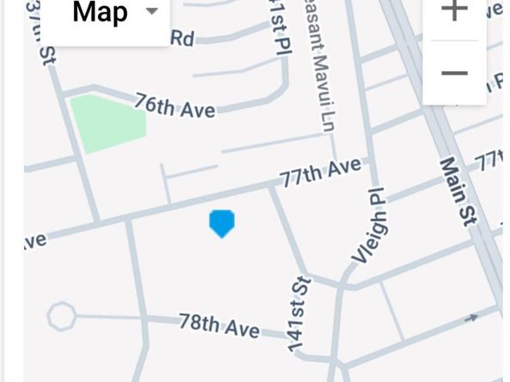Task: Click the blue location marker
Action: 222,223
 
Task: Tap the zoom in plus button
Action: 453,10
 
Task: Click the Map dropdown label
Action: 100,12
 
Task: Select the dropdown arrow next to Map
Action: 152,11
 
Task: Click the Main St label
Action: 458,191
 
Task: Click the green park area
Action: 106,123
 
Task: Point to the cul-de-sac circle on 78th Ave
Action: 61,316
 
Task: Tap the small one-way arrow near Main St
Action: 471,318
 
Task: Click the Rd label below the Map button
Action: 182,37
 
